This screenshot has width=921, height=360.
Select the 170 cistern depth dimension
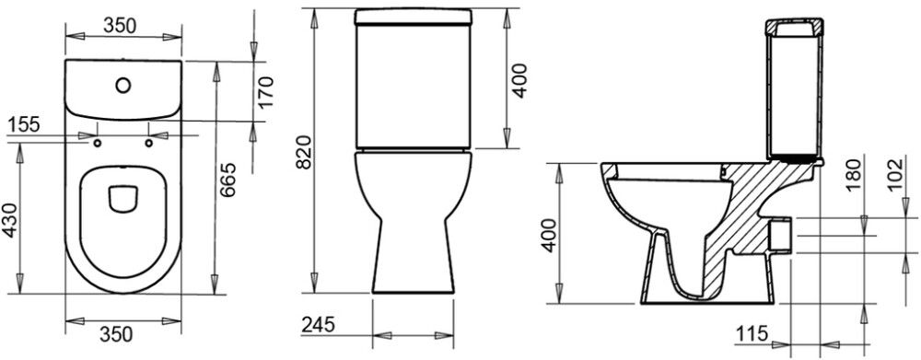coord(266,92)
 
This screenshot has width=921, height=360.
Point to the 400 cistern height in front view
coord(520,80)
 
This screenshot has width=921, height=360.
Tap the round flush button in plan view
coord(122,86)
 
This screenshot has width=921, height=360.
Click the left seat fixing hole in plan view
coord(97,142)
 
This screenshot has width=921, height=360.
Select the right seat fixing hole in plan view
coord(148,142)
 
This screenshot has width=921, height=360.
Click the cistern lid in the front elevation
coord(414,16)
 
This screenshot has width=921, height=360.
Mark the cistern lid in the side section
coord(794,27)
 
